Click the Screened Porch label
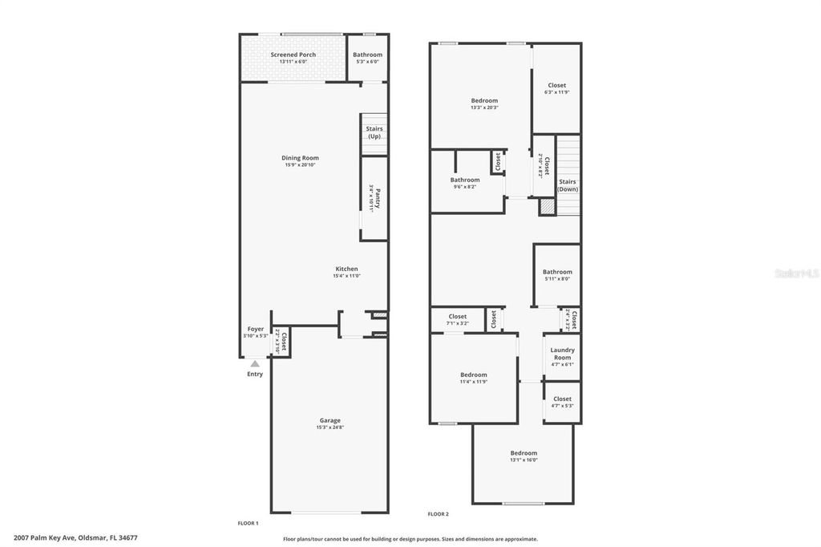[293, 55]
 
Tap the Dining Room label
[300, 158]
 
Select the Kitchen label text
[346, 269]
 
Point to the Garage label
[330, 420]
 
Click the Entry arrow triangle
[255, 364]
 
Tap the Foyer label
[255, 329]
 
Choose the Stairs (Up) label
[374, 132]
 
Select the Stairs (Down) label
[568, 185]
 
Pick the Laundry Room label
[562, 353]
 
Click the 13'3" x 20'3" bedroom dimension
[484, 107]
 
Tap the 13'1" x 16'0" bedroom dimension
[524, 460]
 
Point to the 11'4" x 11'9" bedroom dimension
[473, 382]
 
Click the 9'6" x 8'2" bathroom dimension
[465, 187]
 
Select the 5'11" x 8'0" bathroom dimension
[557, 279]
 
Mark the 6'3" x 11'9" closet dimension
[556, 92]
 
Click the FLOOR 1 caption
[248, 523]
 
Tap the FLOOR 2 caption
[438, 514]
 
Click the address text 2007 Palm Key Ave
[44, 538]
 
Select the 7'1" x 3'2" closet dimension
[458, 323]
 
